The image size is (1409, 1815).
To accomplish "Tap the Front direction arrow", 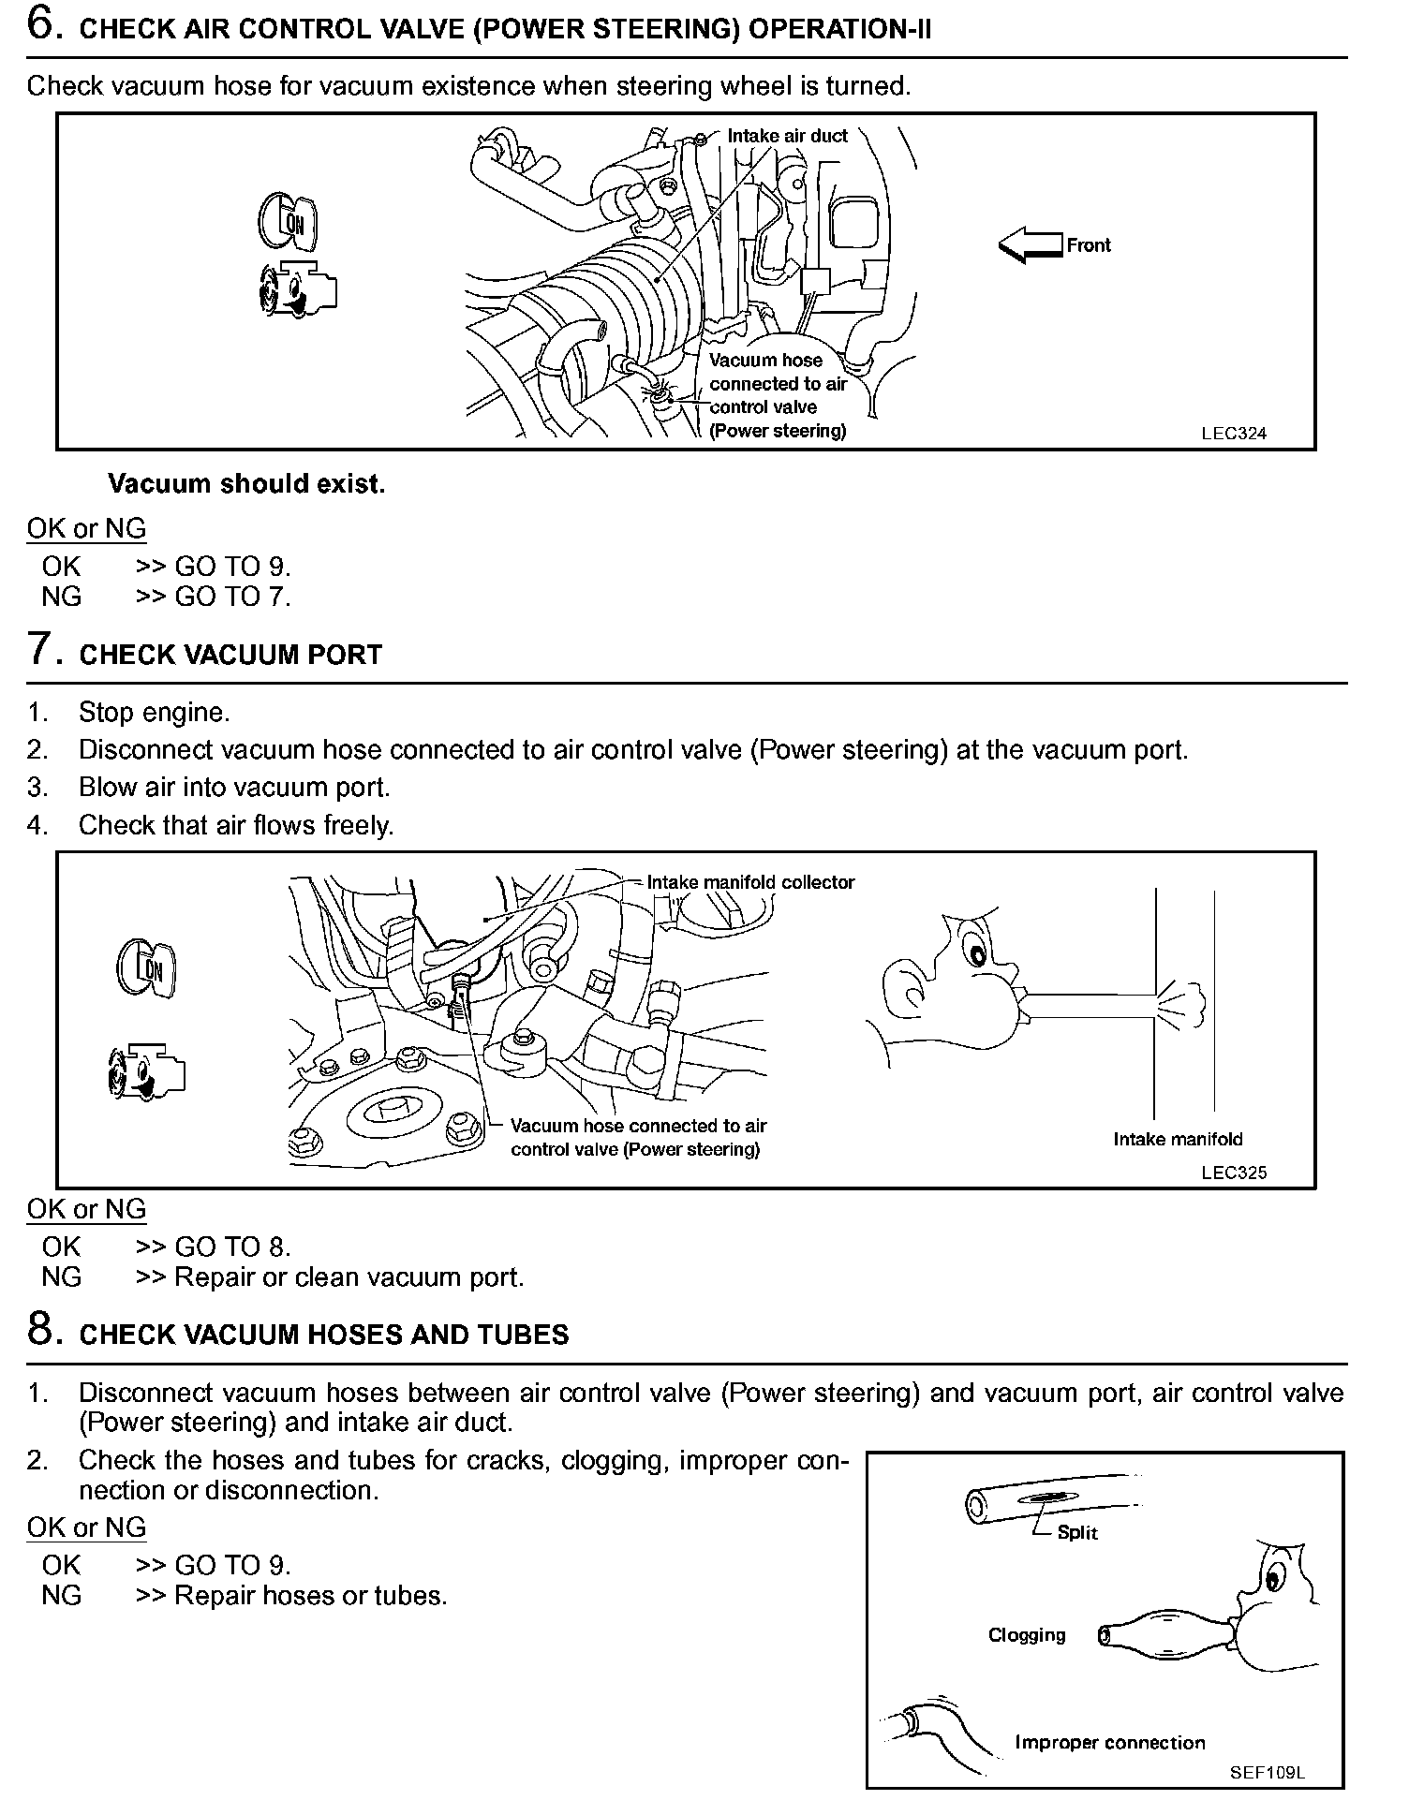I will (1030, 245).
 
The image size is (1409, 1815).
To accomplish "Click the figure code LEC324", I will (1234, 434).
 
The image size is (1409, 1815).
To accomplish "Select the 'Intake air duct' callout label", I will (787, 136).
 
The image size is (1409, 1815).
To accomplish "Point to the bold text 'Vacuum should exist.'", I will (246, 484).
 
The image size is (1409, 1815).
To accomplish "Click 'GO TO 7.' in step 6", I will (232, 597).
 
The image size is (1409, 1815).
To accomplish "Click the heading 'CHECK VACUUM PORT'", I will (230, 655).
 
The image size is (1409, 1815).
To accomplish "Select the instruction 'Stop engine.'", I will (154, 713).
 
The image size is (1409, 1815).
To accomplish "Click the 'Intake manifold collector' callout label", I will (750, 882).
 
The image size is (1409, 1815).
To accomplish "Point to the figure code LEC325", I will (1234, 1173).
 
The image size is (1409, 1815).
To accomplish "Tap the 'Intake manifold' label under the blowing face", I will (1178, 1140).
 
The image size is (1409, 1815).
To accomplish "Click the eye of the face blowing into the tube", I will (977, 954).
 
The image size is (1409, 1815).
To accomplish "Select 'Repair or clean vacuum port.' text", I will (349, 1277).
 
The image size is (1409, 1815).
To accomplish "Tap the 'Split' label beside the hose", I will (1076, 1533).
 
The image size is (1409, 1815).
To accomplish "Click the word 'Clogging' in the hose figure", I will (1027, 1635).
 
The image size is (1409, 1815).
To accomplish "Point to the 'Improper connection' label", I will (1109, 1743).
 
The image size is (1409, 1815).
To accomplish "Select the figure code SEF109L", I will (1268, 1773).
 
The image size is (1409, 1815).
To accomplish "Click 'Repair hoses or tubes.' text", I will (311, 1596).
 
